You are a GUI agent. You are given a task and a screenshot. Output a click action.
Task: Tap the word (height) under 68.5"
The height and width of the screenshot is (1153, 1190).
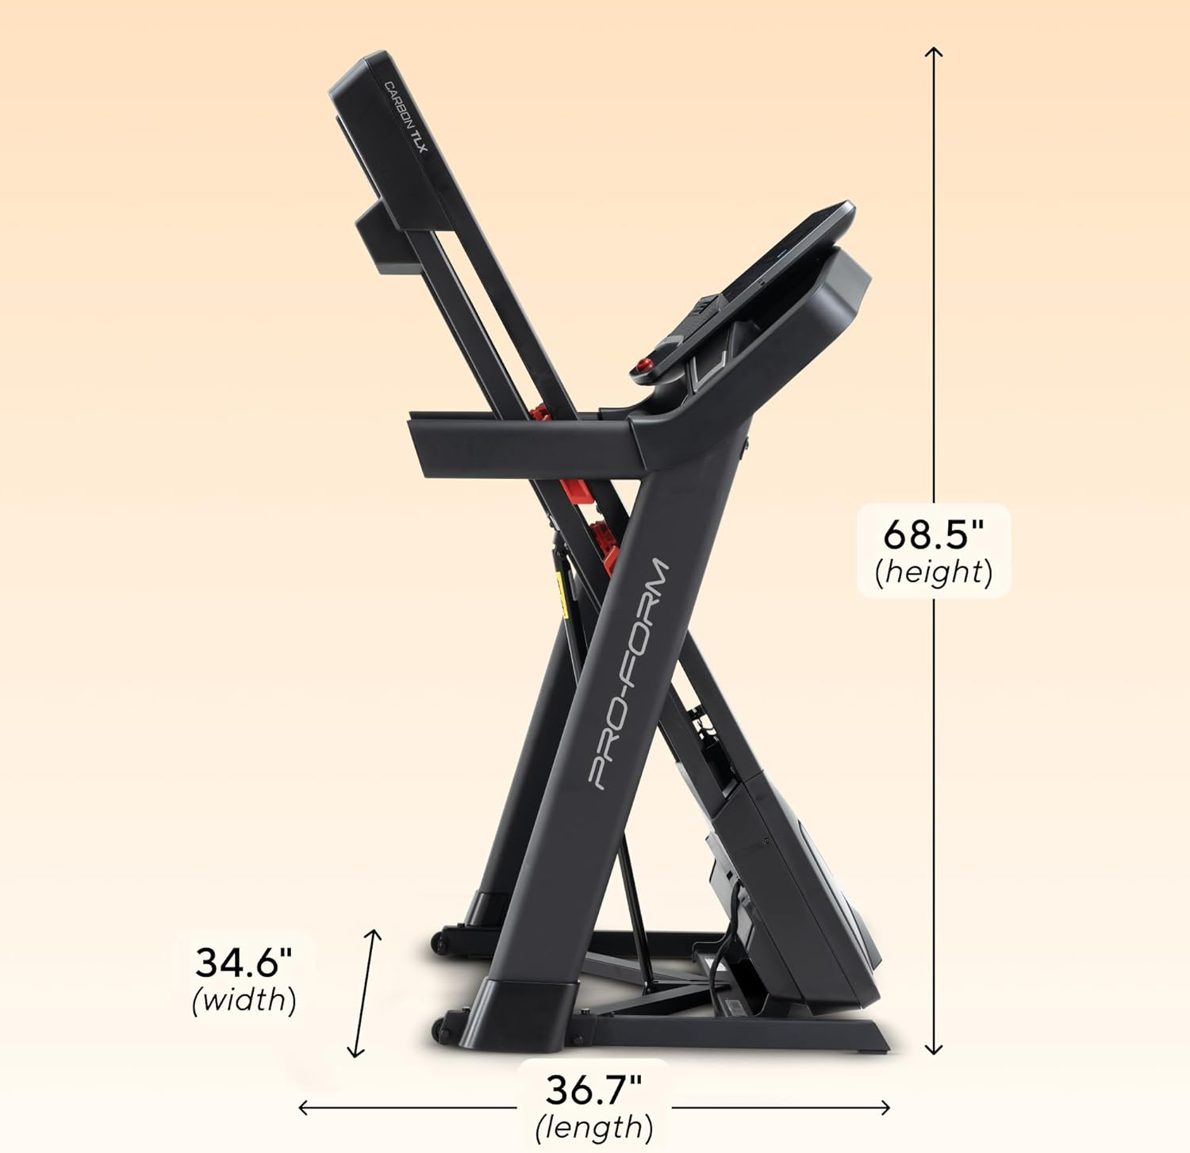tap(933, 572)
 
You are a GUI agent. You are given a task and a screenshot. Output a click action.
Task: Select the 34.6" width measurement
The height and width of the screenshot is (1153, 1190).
tap(244, 963)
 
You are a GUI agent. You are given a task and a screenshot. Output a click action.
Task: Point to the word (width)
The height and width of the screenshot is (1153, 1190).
tap(244, 1000)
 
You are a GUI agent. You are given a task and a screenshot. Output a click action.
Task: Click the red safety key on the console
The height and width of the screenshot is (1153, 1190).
tap(643, 366)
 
